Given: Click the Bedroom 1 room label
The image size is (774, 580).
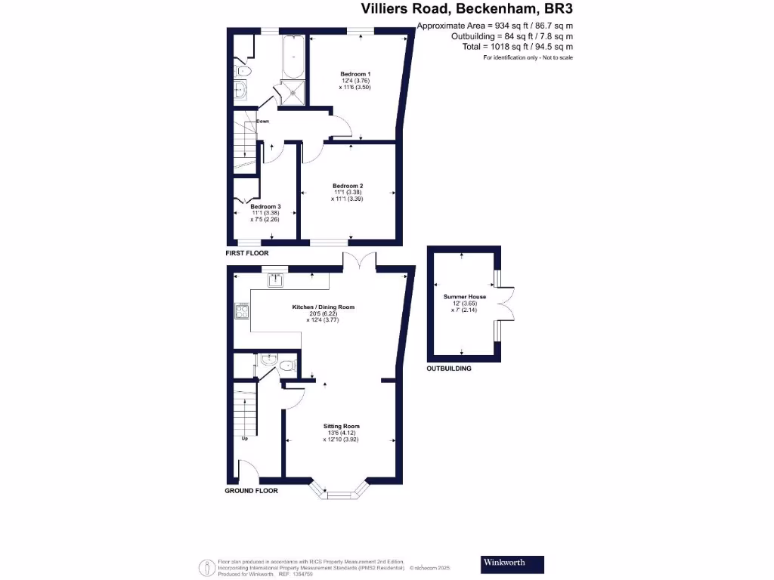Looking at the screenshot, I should click(x=354, y=73).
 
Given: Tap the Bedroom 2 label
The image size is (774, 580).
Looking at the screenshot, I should click(x=348, y=186).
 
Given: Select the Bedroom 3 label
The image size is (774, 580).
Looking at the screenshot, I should click(x=265, y=207).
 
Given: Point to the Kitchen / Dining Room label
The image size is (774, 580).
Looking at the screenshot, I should click(x=324, y=307).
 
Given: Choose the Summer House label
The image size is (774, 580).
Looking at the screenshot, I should click(x=465, y=297).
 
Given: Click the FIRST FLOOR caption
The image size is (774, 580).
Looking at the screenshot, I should click(x=247, y=253).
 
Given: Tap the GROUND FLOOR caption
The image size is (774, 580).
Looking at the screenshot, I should click(x=251, y=491).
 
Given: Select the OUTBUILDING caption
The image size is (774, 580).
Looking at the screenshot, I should click(x=449, y=369).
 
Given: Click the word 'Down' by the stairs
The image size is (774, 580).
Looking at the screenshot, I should click(x=262, y=121).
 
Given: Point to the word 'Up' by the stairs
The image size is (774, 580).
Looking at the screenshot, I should click(x=245, y=439).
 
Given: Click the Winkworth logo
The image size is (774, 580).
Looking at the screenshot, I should click(x=512, y=563).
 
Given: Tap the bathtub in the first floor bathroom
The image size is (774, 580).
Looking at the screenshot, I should click(x=293, y=57).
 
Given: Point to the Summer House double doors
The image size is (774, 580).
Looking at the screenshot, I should click(x=506, y=307).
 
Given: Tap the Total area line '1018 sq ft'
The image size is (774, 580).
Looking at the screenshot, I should click(x=517, y=46).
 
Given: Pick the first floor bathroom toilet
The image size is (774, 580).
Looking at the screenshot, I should click(x=243, y=70).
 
